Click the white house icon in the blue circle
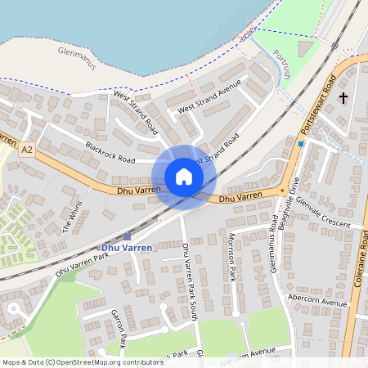[x=184, y=177]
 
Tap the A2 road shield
[x=28, y=150]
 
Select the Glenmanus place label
[x=77, y=57]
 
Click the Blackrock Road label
[x=110, y=151]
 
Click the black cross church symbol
[x=343, y=98]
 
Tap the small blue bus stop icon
[x=301, y=144]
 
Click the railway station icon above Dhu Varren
[x=127, y=236]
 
